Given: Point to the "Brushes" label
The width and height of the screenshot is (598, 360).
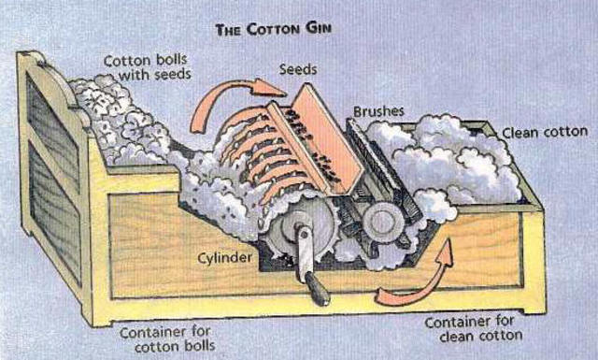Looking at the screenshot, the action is click(377, 111).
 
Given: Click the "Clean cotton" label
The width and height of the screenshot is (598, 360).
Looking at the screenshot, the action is click(545, 132).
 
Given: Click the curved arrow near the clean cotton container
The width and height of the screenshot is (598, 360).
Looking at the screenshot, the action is click(412, 281).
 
